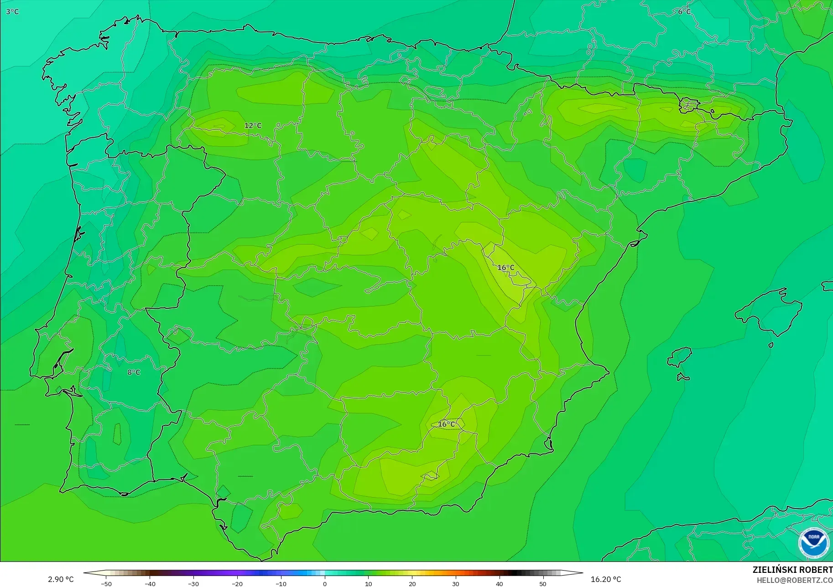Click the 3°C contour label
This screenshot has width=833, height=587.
pyautogui.click(x=12, y=12)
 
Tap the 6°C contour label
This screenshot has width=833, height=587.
pyautogui.click(x=684, y=12)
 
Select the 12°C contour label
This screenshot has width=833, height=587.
pyautogui.click(x=253, y=125)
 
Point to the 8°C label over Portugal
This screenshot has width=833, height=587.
pyautogui.click(x=134, y=372)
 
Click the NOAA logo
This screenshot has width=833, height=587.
pyautogui.click(x=813, y=543)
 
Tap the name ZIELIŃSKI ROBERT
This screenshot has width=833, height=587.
pyautogui.click(x=792, y=570)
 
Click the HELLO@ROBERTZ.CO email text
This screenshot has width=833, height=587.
pyautogui.click(x=794, y=581)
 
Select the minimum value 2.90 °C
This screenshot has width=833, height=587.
pyautogui.click(x=61, y=579)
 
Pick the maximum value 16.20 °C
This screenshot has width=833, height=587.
pyautogui.click(x=606, y=579)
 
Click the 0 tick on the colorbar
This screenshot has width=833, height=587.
pyautogui.click(x=325, y=584)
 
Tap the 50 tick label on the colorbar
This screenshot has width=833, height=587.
pyautogui.click(x=543, y=584)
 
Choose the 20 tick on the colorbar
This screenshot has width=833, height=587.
pyautogui.click(x=412, y=584)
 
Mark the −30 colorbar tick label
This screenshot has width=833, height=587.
pyautogui.click(x=193, y=584)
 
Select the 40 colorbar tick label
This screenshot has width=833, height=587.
pyautogui.click(x=499, y=584)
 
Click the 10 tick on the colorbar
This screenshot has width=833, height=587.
pyautogui.click(x=369, y=584)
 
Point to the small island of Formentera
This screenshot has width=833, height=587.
pyautogui.click(x=682, y=377)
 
